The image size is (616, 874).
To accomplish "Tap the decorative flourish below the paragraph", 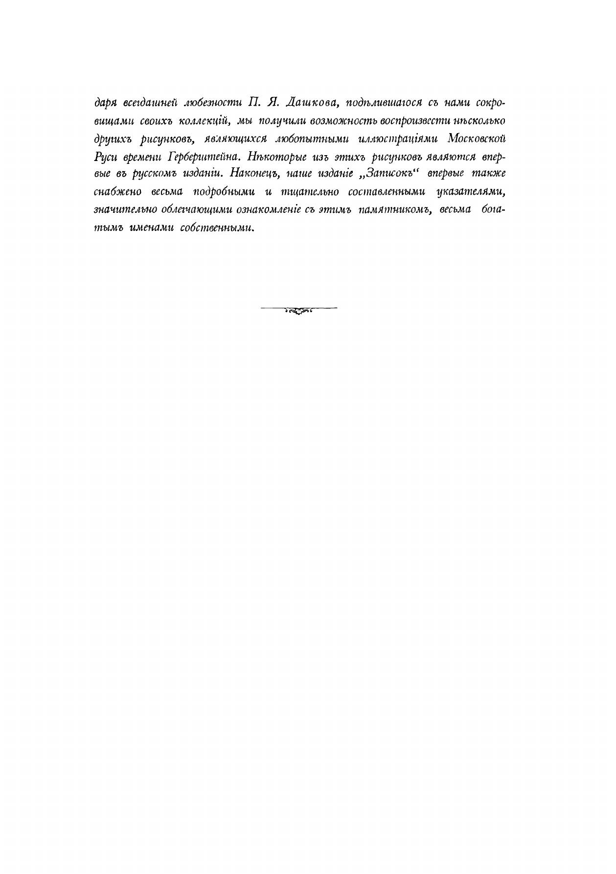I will (298, 309).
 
